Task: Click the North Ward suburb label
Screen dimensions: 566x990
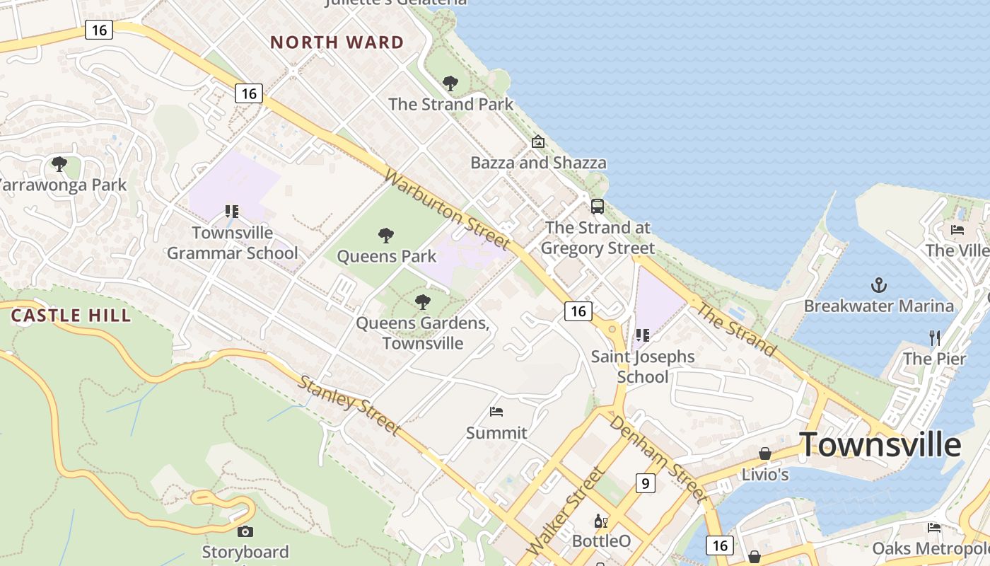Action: pos(337,42)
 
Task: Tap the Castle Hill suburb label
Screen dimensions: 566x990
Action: pos(71,316)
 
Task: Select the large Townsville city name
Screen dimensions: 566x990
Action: pos(880,445)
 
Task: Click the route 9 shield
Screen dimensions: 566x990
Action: pos(644,483)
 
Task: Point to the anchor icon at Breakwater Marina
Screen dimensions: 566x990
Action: pos(878,285)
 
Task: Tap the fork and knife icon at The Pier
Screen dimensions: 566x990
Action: pos(935,337)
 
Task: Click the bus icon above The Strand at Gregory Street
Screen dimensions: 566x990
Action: pos(598,207)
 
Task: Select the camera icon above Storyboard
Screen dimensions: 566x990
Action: pos(245,531)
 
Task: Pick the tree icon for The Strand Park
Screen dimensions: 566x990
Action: pos(450,83)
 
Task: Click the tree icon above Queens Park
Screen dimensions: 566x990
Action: pos(386,235)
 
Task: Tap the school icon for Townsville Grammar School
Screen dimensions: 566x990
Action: pos(231,211)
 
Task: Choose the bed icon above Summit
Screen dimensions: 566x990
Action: pos(496,412)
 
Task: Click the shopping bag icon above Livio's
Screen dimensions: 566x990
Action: pos(764,453)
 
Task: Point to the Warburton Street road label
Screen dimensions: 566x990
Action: pos(447,209)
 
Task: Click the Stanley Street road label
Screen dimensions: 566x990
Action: pos(349,405)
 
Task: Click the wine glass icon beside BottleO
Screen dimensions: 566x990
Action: pos(600,521)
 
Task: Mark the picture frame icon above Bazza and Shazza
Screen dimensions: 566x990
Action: pos(538,141)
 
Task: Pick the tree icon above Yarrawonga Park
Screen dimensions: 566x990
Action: pos(59,164)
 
